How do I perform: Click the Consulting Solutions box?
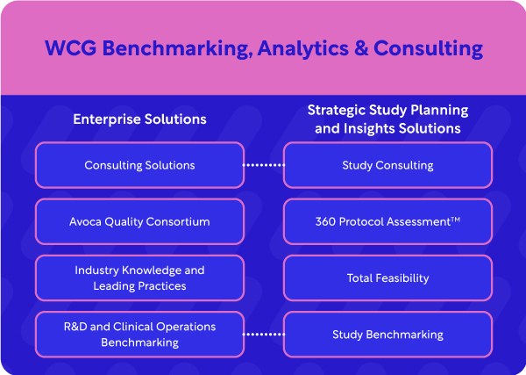[139, 165]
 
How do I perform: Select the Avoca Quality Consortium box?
[139, 221]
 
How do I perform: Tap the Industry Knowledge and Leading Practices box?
[139, 278]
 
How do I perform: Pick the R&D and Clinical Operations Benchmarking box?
[139, 334]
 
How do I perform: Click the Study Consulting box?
[387, 165]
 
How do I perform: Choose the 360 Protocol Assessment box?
[387, 221]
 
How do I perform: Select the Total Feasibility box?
[387, 278]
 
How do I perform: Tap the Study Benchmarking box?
[387, 334]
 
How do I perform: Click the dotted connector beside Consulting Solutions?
[264, 165]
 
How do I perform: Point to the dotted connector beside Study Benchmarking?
[264, 334]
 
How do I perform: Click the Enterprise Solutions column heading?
[139, 119]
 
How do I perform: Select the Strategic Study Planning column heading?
[387, 119]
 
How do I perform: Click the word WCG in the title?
[67, 47]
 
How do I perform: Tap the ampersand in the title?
[359, 47]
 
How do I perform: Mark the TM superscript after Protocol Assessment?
[455, 219]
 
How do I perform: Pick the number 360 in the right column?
[326, 221]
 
